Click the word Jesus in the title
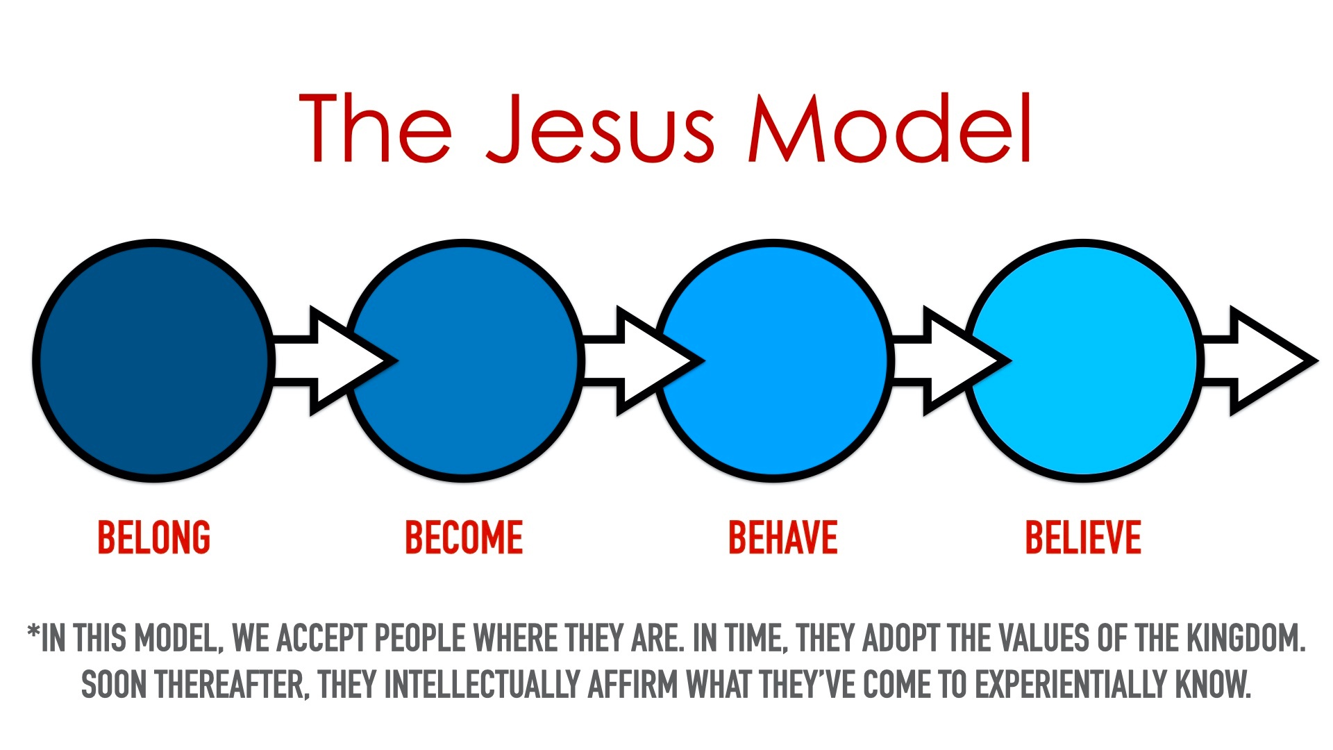click(x=601, y=128)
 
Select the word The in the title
click(x=376, y=128)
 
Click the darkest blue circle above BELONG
click(x=153, y=360)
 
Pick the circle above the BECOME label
click(x=463, y=360)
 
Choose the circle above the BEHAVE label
click(x=773, y=360)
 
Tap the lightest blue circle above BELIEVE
click(x=1083, y=360)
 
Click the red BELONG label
click(x=153, y=537)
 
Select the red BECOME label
click(x=464, y=537)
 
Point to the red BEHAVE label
click(x=783, y=537)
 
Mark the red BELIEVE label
click(x=1083, y=537)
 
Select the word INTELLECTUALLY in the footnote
click(x=482, y=685)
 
